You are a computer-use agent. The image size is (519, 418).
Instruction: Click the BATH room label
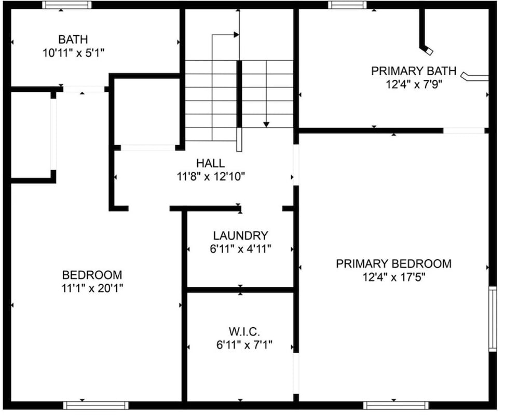tap(73, 39)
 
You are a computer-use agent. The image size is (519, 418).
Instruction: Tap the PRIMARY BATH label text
tap(414, 71)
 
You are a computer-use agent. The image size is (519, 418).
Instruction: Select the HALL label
tap(211, 163)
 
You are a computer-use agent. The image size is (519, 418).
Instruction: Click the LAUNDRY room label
tap(240, 235)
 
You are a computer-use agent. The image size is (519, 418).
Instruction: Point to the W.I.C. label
tap(244, 331)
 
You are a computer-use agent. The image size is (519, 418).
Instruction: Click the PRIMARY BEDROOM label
tap(393, 263)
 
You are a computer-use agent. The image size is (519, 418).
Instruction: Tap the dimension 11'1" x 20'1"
tap(92, 288)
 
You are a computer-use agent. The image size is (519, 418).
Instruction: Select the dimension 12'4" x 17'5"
tap(393, 277)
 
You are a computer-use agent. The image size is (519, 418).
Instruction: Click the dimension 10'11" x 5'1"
tap(74, 53)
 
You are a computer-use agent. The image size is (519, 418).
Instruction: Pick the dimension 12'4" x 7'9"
tap(414, 85)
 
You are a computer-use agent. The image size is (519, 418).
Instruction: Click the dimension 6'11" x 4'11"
tap(241, 249)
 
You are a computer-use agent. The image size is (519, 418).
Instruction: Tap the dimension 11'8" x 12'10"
tap(211, 177)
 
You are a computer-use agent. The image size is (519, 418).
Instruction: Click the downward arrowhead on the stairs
tap(266, 124)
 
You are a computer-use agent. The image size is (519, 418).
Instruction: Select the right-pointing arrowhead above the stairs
tap(236, 34)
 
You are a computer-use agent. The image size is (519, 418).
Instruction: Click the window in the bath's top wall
tap(67, 5)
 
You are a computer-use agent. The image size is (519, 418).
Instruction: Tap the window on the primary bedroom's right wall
tap(493, 319)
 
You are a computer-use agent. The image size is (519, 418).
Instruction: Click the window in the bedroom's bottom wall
tap(95, 406)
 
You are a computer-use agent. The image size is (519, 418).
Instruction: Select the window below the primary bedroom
tap(396, 406)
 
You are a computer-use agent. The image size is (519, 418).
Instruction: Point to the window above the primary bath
tap(348, 5)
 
